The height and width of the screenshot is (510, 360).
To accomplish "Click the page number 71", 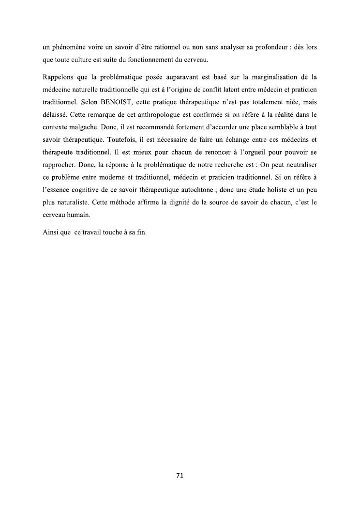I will pos(180,475).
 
